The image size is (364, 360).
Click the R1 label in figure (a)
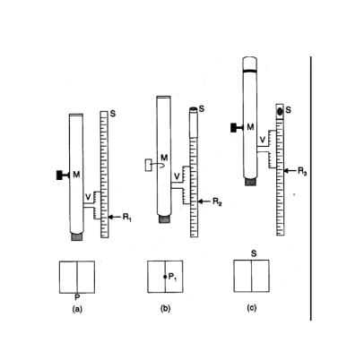[x=127, y=218]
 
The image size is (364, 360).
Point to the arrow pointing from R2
[x=204, y=201]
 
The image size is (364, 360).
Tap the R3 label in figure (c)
[x=302, y=171]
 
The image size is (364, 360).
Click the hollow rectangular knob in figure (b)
[x=148, y=165]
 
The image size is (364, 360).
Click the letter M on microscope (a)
[x=76, y=175]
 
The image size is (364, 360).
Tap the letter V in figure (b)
[x=177, y=176]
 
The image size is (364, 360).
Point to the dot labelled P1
[x=165, y=277]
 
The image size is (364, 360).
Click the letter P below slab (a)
[x=77, y=297]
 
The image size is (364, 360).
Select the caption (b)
[x=165, y=309]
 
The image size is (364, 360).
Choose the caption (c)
[x=252, y=308]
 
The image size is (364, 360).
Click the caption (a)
[x=77, y=309]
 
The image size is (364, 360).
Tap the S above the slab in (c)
[x=254, y=254]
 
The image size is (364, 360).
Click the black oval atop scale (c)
[x=280, y=111]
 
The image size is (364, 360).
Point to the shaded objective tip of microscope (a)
[x=76, y=237]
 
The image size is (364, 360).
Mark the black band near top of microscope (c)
[x=250, y=71]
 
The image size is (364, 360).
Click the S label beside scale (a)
[x=113, y=114]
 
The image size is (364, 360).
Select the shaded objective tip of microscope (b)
[x=164, y=219]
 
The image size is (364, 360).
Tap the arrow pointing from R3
[x=290, y=171]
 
